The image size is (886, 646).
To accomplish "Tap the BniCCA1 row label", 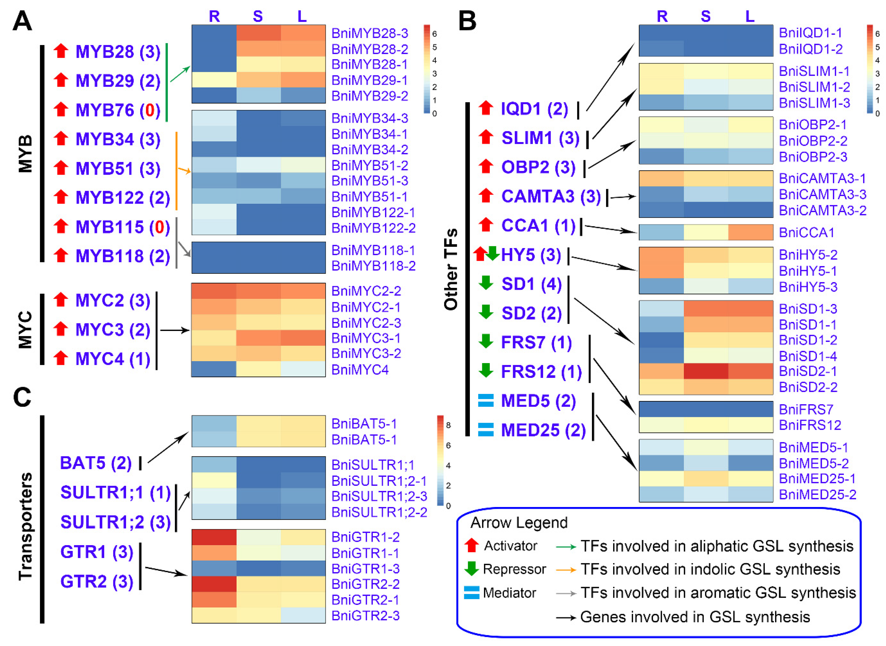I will tap(806, 233).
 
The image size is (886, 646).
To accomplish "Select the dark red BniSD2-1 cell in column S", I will tap(706, 371).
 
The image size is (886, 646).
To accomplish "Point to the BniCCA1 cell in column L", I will tap(750, 232).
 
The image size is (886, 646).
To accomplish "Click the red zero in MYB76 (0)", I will tap(150, 110).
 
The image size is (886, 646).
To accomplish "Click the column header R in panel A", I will tap(214, 16).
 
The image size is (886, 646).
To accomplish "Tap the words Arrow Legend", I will tap(519, 523).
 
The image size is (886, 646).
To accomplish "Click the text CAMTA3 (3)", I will tap(551, 196).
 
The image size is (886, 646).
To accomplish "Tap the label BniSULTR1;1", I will tap(373, 465).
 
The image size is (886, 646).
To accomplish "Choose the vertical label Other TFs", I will tap(451, 270).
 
